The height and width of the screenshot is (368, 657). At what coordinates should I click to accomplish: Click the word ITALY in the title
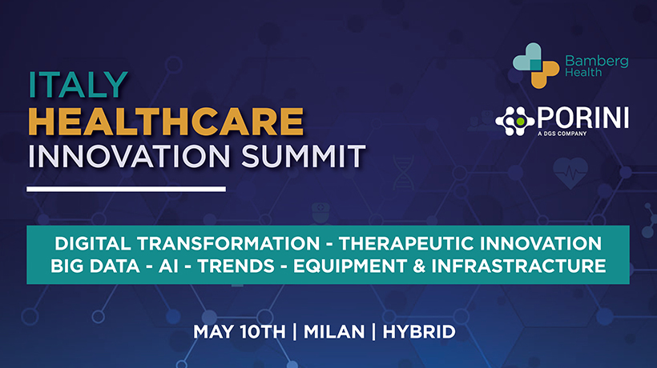click(x=78, y=85)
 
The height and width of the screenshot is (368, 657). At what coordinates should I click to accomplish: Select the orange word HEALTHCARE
click(x=166, y=122)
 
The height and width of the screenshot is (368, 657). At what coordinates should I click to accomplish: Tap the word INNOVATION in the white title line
click(x=129, y=157)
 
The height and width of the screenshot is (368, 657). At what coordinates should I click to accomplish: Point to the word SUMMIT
click(x=304, y=157)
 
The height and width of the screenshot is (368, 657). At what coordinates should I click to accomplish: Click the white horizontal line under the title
click(x=126, y=189)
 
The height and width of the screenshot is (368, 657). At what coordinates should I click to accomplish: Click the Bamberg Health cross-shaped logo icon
click(x=536, y=66)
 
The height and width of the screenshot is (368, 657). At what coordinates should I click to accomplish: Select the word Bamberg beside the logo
click(x=597, y=62)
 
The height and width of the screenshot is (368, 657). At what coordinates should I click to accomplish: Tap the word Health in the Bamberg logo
click(x=583, y=72)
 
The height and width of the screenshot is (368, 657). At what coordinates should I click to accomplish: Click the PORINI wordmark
click(x=582, y=118)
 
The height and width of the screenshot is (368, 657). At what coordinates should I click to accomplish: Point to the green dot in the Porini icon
click(x=520, y=122)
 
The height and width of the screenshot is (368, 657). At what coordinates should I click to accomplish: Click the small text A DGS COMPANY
click(x=562, y=134)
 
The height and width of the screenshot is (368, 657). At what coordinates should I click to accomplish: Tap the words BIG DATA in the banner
click(x=95, y=266)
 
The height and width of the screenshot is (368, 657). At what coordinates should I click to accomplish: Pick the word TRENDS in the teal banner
click(x=236, y=266)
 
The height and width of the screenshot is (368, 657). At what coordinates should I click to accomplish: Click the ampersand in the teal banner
click(x=419, y=266)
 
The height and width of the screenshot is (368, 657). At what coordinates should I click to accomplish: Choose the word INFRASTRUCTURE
click(x=518, y=266)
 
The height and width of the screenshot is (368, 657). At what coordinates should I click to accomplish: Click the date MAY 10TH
click(x=240, y=332)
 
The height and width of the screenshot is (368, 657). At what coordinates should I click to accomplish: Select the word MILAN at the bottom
click(x=334, y=332)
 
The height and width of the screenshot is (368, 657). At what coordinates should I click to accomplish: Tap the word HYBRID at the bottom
click(x=419, y=332)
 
